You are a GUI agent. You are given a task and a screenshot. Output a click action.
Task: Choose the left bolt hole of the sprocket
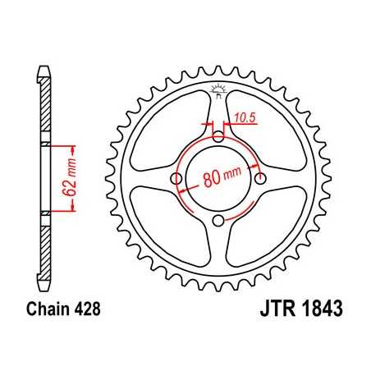tap(175, 179)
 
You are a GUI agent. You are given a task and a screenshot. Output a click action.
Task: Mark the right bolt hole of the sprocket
tap(261, 179)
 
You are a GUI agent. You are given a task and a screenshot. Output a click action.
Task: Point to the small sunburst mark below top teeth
tap(218, 89)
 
